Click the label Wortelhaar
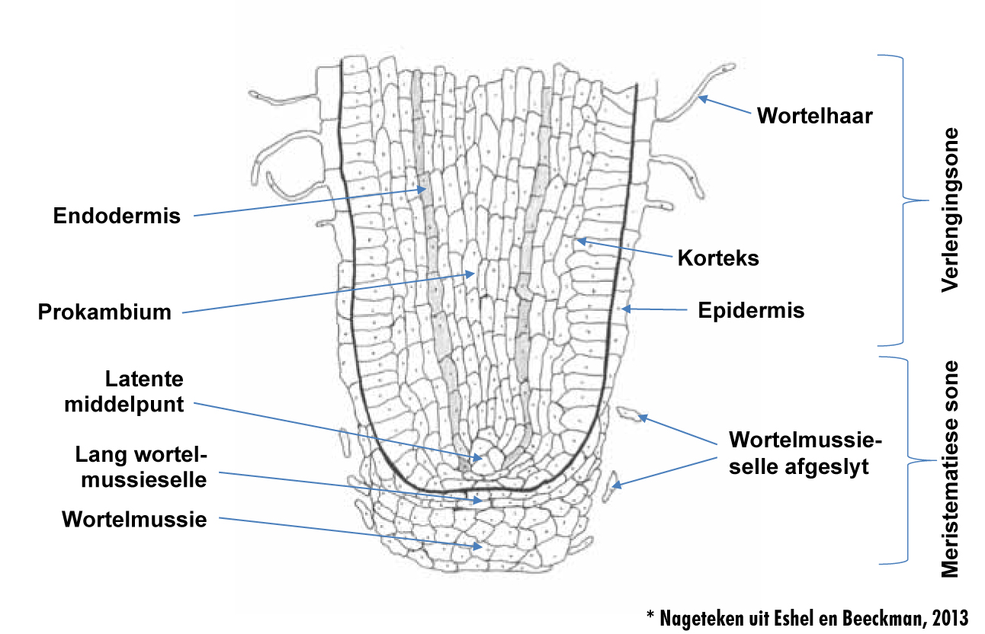coord(814,116)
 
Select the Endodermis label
coord(117,216)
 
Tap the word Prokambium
coord(104,311)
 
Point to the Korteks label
coord(718,258)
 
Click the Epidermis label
coord(751,311)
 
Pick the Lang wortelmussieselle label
coord(141,467)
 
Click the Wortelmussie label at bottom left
coord(135,520)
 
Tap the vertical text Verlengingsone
coord(948,210)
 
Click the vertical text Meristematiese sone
coord(948,468)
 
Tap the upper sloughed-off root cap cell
coord(630,415)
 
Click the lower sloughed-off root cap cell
coord(611,485)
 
